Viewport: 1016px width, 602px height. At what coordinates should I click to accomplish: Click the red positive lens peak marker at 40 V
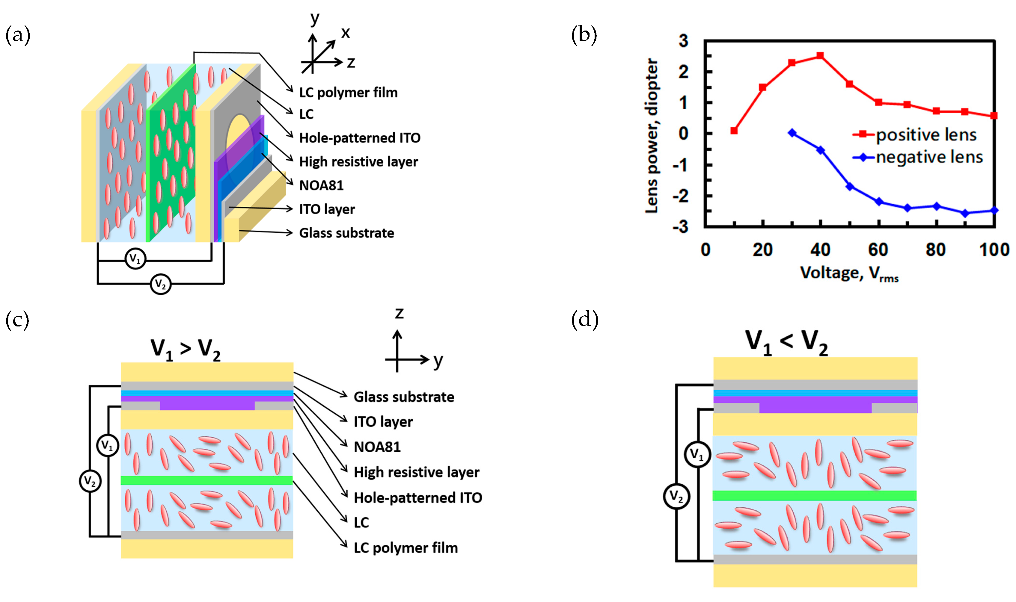tap(820, 56)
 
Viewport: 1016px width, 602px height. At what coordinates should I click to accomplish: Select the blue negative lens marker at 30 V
tap(792, 133)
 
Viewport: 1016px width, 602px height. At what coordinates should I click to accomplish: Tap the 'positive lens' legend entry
tap(925, 135)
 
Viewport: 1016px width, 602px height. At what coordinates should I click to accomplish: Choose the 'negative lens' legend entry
tap(929, 157)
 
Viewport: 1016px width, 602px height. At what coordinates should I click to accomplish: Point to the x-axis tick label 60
tap(878, 249)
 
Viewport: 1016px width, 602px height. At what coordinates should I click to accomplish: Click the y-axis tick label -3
tap(680, 227)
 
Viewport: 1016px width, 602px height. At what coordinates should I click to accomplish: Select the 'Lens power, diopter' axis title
tap(652, 136)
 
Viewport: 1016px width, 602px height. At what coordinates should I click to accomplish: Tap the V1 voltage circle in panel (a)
tap(135, 259)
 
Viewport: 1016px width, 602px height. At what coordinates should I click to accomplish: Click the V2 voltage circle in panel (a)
tap(160, 284)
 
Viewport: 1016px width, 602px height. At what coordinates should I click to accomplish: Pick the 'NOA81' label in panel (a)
tap(321, 185)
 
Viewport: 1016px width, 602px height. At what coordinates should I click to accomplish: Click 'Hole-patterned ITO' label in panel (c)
tap(417, 498)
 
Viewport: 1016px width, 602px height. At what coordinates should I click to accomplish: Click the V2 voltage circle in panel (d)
tap(676, 496)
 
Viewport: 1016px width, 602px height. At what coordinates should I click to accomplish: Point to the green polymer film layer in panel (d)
tap(814, 496)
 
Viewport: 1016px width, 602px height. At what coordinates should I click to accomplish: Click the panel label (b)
tap(584, 35)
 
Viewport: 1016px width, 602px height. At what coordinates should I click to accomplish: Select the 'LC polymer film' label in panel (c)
tap(406, 548)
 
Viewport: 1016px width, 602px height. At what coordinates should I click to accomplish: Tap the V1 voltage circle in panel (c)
tap(108, 445)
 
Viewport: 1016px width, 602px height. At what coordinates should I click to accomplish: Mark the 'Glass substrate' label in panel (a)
tap(346, 233)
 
